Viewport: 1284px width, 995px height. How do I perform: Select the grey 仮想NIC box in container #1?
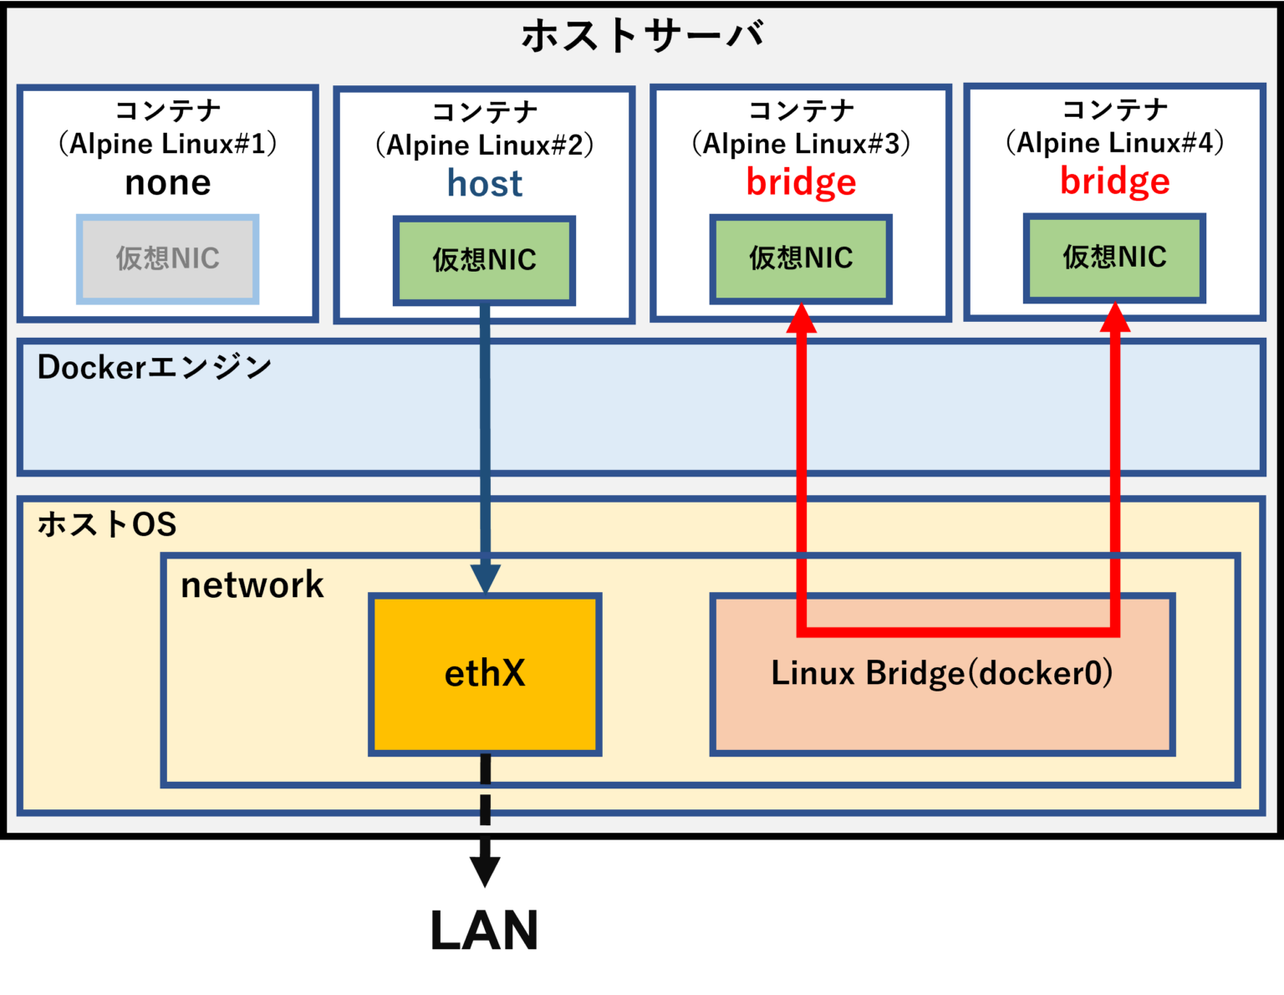point(167,259)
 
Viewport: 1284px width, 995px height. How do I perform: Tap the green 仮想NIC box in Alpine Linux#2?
point(484,261)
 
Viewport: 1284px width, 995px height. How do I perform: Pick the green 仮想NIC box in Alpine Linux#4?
point(1114,258)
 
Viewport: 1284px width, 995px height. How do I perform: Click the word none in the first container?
point(167,183)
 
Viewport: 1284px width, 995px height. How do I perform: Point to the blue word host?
point(484,184)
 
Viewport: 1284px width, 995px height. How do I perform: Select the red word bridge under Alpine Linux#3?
point(801,183)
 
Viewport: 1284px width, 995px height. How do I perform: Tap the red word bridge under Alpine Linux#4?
point(1114,181)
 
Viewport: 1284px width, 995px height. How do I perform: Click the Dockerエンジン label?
point(155,368)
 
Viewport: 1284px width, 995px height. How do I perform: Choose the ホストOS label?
point(107,525)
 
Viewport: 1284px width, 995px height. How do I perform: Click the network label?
point(252,585)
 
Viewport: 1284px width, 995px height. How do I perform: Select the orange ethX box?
point(485,674)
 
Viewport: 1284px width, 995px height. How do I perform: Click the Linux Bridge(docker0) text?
point(941,674)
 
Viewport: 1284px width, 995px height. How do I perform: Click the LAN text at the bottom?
point(484,931)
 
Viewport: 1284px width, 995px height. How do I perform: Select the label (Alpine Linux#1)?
point(167,144)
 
